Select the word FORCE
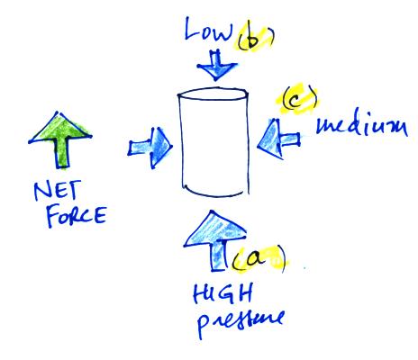[77, 215]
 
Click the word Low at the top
[209, 29]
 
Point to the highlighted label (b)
[255, 40]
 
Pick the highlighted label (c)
[297, 99]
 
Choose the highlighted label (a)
[259, 259]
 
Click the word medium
[362, 126]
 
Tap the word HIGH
[223, 293]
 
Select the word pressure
[241, 322]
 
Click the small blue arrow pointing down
[217, 66]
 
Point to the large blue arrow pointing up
[215, 240]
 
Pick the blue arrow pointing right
[150, 148]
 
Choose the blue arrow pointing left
[278, 139]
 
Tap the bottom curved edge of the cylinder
[215, 194]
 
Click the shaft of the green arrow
[62, 152]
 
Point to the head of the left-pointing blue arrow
[270, 139]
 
